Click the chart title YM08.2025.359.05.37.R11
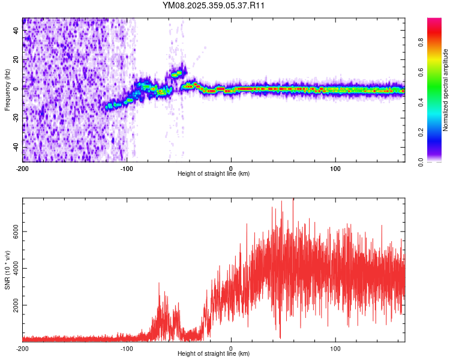coord(214,5)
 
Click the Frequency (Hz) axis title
coord(7,90)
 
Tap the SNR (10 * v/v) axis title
coord(7,269)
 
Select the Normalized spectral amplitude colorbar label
coord(446,90)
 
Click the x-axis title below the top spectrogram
coord(214,174)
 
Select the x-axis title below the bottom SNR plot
coord(214,354)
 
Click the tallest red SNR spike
coord(293,200)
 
